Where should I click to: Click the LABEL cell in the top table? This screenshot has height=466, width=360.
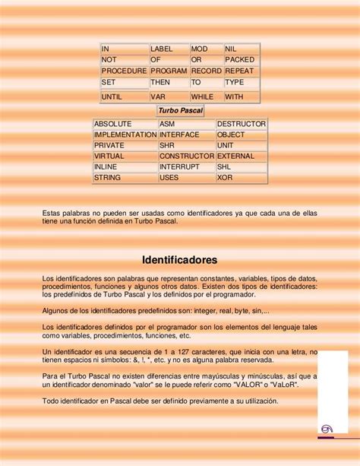(x=168, y=49)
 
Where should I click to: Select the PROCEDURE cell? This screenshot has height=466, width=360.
(x=124, y=71)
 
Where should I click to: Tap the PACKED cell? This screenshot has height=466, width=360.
(x=241, y=59)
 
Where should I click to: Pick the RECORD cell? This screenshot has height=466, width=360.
(x=206, y=71)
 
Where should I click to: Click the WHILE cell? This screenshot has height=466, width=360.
(x=205, y=97)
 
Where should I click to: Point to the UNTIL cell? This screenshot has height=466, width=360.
(x=124, y=97)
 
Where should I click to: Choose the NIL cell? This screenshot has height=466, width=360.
(x=241, y=49)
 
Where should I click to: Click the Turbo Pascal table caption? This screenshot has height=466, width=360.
(x=180, y=111)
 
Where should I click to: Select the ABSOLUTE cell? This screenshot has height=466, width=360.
(x=125, y=124)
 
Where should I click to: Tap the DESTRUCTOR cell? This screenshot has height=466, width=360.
(x=242, y=124)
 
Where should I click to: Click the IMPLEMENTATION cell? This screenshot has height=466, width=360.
(x=125, y=135)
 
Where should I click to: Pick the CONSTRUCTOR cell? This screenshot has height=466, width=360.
(x=186, y=156)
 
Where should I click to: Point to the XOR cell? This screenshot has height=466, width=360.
(x=242, y=177)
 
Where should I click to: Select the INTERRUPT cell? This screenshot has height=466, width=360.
(x=186, y=166)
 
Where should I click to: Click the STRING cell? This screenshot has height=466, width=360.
(x=125, y=177)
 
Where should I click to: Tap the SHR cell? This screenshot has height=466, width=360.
(x=186, y=145)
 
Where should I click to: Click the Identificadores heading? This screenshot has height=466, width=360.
(x=179, y=258)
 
